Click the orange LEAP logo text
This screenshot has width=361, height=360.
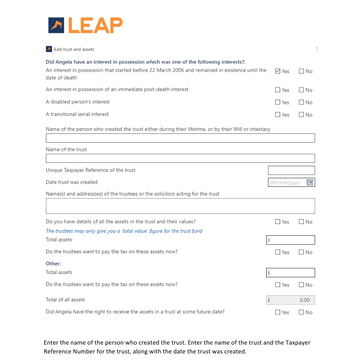pos(95,25)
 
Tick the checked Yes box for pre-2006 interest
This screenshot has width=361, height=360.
pos(278,71)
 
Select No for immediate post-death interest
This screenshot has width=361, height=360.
pos(302,90)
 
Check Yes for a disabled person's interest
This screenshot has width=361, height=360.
pos(278,102)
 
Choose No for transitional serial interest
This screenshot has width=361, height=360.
pos(302,115)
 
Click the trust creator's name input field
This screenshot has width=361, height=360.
pos(180,138)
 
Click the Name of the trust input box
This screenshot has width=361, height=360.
pos(180,158)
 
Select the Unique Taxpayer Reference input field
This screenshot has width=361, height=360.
pos(291,171)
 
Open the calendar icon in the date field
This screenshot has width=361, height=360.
pos(310,182)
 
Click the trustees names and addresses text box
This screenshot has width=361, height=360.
pos(180,206)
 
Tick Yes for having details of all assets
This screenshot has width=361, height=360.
pos(278,222)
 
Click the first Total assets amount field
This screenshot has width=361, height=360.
pos(291,240)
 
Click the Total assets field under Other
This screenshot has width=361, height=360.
pos(291,273)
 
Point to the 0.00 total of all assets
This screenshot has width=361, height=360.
pos(304,300)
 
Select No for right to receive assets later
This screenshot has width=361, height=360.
pos(302,312)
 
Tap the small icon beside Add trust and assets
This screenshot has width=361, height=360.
pos(49,49)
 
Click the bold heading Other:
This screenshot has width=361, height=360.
pos(53,263)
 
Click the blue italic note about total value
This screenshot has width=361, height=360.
pos(124,231)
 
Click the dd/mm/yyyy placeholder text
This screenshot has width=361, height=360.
pos(285,182)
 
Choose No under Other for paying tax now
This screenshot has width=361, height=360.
pos(302,285)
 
